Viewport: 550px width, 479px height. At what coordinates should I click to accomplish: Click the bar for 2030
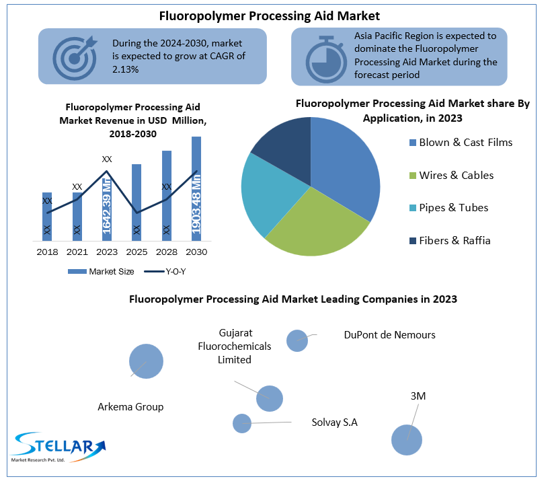point(196,188)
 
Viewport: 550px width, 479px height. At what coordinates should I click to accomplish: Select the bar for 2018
point(47,216)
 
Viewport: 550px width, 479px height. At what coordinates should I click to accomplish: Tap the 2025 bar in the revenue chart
point(136,202)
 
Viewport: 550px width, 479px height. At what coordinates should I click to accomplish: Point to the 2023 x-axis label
point(107,252)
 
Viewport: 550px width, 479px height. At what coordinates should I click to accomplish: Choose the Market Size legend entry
point(100,272)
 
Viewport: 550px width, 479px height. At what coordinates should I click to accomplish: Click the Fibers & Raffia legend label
point(455,240)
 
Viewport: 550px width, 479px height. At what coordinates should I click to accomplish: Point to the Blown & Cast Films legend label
point(465,143)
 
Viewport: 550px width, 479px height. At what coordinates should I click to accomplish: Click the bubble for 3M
point(407,440)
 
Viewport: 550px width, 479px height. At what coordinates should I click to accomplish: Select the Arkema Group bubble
point(147,361)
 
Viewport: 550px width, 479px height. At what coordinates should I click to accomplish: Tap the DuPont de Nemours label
point(389,334)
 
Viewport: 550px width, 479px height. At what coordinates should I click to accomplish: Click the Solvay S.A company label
point(335,422)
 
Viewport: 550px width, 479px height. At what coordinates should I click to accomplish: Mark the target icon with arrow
point(73,57)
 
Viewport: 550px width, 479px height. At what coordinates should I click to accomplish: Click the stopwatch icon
point(325,57)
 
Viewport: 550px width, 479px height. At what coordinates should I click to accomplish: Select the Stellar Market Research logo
point(58,446)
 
